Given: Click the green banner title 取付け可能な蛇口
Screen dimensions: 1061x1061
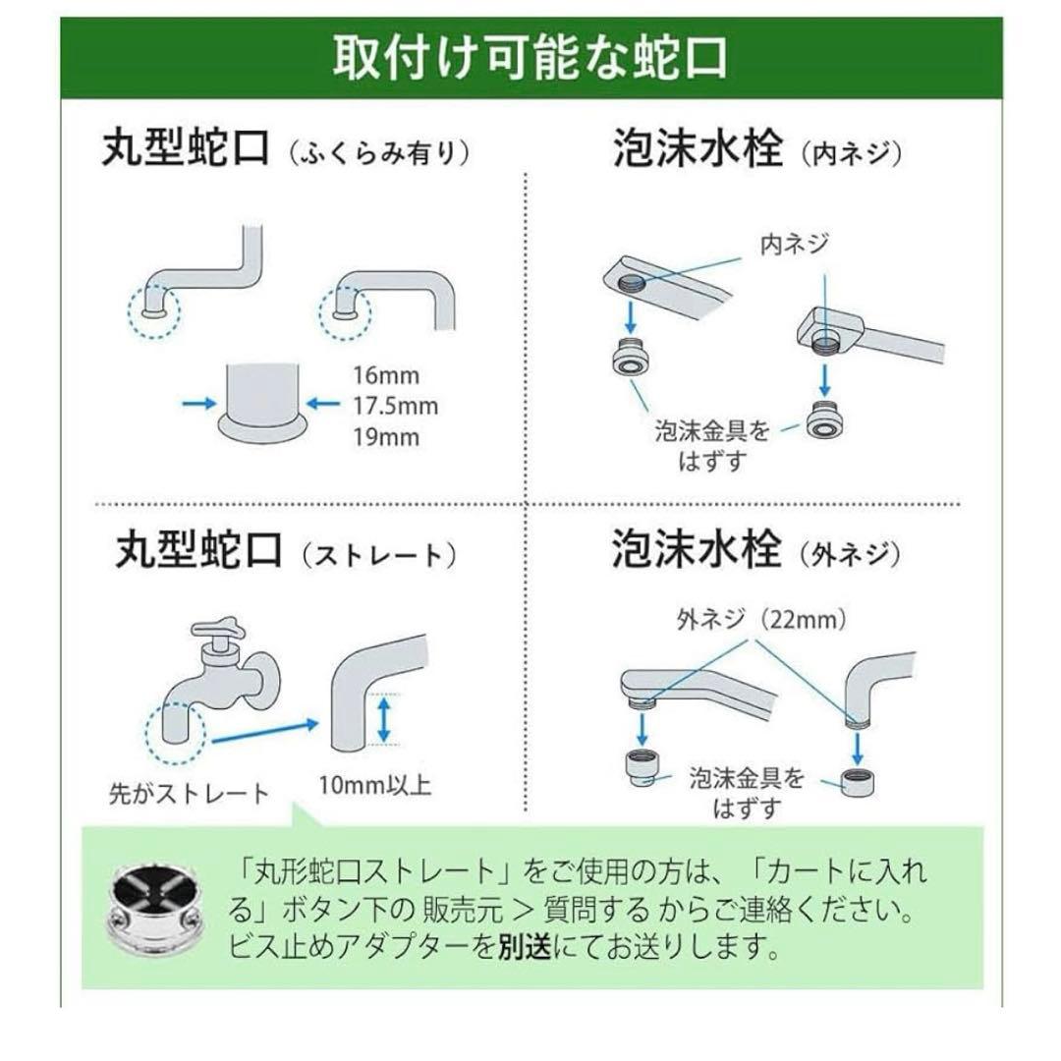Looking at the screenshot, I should pyautogui.click(x=530, y=57).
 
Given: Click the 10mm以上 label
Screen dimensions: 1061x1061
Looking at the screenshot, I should pyautogui.click(x=374, y=786).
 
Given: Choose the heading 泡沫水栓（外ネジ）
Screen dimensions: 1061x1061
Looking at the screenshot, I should pyautogui.click(x=756, y=550).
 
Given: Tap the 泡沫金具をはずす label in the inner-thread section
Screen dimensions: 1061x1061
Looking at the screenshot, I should pyautogui.click(x=712, y=445).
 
